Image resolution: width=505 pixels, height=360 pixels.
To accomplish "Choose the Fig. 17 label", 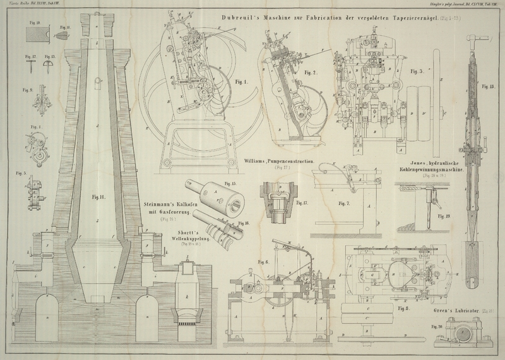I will pos(302,202).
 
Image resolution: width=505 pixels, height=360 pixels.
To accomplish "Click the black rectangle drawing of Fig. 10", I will pos(33,35).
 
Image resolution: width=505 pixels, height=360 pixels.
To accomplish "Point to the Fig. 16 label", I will pos(244,224).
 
